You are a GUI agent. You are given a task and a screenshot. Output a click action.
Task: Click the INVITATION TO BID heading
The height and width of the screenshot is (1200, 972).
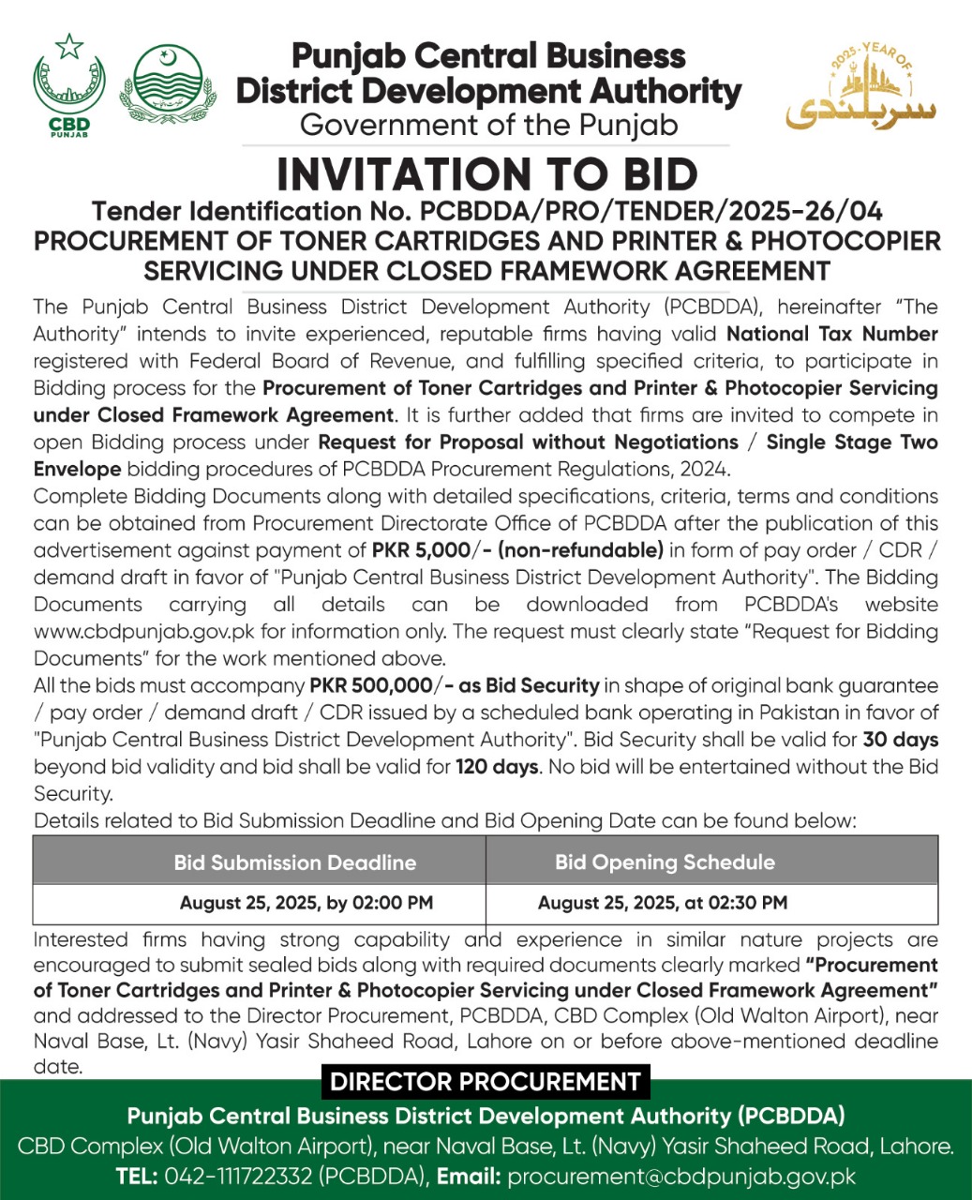point(486,174)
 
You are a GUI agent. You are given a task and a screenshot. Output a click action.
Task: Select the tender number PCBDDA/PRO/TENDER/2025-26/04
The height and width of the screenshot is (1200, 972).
point(650,211)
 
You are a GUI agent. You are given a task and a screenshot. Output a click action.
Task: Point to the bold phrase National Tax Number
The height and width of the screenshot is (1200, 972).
point(831,334)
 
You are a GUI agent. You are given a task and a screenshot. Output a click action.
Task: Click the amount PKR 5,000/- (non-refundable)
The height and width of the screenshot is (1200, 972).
point(517,550)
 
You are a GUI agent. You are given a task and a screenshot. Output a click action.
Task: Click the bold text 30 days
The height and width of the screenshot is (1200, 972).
point(900,740)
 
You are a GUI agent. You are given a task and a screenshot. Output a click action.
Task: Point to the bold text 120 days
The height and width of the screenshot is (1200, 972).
point(497,767)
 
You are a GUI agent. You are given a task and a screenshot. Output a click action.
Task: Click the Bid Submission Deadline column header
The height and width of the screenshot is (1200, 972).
point(294,862)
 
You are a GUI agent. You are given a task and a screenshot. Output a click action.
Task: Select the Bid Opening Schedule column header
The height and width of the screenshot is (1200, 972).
point(665,862)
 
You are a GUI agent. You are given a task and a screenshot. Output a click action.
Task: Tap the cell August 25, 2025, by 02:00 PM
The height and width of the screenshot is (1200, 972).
point(306,904)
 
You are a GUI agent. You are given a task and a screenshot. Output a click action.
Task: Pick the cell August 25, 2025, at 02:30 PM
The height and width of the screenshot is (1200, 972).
point(662,904)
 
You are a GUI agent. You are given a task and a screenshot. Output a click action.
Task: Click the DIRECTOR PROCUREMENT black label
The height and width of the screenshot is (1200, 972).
point(485,1082)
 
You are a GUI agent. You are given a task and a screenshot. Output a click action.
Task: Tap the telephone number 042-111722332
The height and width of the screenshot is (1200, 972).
point(239,1177)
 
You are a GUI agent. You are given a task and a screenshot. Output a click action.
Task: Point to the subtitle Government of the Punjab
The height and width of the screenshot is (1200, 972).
point(487,125)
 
